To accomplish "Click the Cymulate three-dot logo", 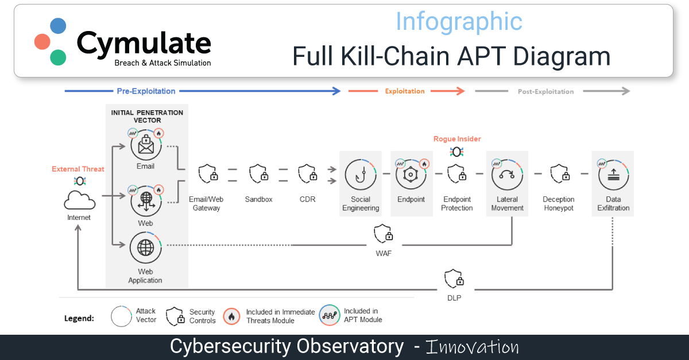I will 51,41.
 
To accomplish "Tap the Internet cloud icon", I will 79,200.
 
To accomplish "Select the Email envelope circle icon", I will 146,145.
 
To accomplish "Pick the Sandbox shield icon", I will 258,173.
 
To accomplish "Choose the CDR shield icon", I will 307,173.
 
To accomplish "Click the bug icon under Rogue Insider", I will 457,152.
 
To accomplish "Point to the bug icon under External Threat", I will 79,181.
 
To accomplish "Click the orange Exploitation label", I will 405,91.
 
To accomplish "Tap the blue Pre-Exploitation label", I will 146,91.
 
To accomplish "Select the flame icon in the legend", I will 232,316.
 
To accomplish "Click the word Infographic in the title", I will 459,22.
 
